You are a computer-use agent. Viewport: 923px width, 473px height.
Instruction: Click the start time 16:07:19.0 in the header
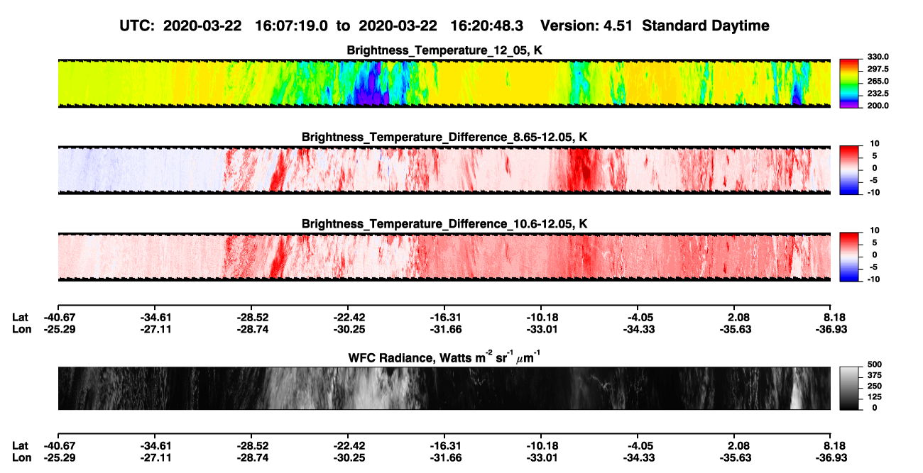tap(291, 26)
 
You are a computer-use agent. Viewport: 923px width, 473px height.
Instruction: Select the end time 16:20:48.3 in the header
tap(486, 26)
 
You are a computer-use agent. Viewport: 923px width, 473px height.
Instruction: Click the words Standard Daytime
tap(706, 26)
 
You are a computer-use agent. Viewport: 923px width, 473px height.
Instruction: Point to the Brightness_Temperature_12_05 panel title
tap(444, 50)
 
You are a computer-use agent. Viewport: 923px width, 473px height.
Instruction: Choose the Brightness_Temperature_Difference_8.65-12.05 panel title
tap(444, 137)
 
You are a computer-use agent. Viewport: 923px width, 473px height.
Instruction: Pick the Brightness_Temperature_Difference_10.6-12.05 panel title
tap(444, 224)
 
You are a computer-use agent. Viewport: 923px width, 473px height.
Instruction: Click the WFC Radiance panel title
tap(444, 357)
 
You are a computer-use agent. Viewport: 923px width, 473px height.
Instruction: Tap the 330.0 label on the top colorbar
tap(878, 57)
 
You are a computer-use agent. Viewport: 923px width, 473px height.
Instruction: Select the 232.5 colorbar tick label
tap(878, 94)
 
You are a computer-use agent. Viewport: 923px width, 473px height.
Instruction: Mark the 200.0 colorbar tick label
tap(878, 106)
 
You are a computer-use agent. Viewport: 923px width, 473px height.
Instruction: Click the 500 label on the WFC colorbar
tap(875, 365)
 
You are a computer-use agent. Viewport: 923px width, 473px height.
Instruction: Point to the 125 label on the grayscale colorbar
tap(875, 397)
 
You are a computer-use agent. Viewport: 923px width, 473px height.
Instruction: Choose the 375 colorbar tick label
tap(875, 375)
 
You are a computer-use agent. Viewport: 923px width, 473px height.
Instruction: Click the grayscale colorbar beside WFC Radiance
tap(849, 388)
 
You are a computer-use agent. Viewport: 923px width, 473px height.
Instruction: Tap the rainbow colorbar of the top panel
tap(849, 84)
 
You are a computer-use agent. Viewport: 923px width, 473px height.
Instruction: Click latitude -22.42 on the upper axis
tap(349, 318)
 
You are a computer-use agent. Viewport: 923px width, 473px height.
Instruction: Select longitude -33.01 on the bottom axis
tap(542, 458)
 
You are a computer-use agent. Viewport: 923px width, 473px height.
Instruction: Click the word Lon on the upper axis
tap(21, 329)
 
